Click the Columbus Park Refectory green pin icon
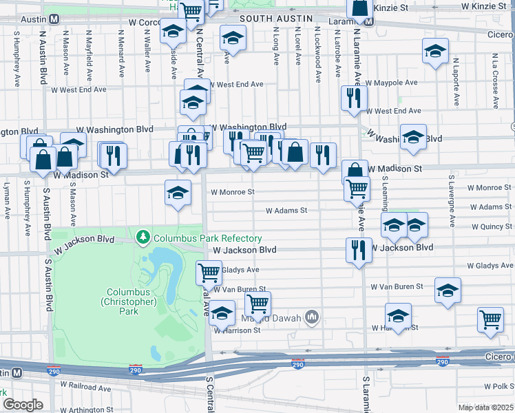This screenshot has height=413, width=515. (143, 238)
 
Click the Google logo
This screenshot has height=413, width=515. (23, 404)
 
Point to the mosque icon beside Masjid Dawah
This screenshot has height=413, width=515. (312, 317)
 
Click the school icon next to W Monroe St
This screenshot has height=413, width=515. (178, 193)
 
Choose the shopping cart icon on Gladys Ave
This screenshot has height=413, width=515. (209, 273)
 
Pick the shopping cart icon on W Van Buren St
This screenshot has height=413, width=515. (257, 303)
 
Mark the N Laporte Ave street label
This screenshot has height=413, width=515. (455, 82)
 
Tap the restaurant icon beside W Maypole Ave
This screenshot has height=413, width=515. (353, 98)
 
